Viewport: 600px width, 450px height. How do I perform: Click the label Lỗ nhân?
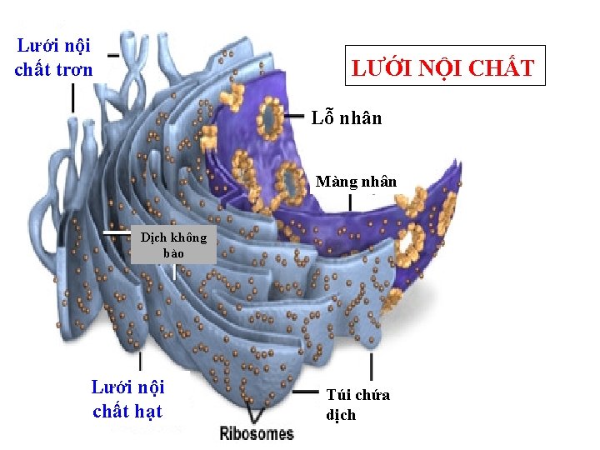tap(347, 117)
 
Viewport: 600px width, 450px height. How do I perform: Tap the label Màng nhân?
tap(356, 181)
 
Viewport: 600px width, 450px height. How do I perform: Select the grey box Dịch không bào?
tap(173, 245)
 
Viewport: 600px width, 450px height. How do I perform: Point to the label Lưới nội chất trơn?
tap(53, 57)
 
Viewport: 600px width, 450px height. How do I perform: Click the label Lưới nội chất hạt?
tap(127, 398)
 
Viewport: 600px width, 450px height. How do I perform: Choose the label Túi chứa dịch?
tap(357, 404)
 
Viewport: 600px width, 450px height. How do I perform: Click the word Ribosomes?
tap(257, 432)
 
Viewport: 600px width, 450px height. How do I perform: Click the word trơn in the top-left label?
tap(74, 69)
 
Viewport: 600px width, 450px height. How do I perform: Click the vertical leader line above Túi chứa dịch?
tap(371, 367)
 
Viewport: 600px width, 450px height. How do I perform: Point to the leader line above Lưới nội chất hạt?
tap(139, 360)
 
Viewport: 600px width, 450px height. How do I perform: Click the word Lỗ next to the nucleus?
tap(322, 117)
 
